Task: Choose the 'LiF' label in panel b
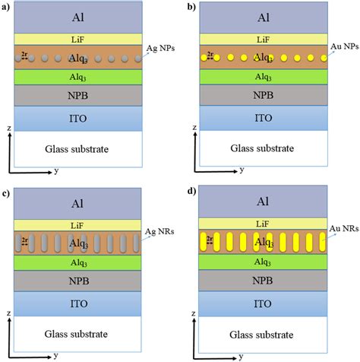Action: click(263, 38)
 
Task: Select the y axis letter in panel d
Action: click(236, 355)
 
